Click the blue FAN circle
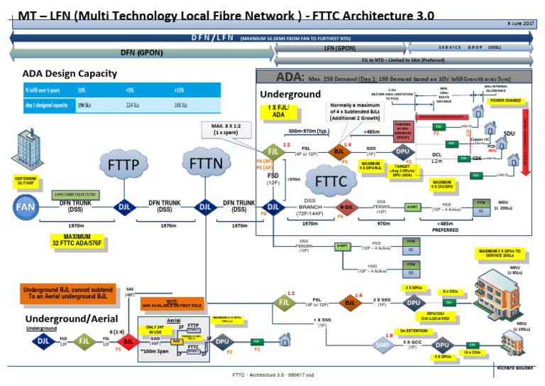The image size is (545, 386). [23, 206]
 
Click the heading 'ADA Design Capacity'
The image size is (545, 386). [70, 73]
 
